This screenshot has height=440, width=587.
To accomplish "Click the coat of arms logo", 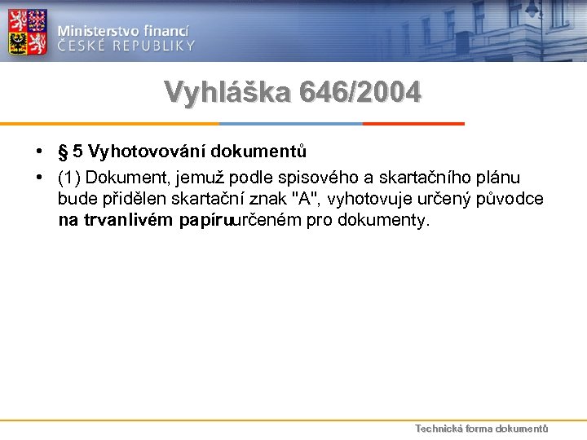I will (x=28, y=33).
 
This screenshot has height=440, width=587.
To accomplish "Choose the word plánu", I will (x=501, y=178).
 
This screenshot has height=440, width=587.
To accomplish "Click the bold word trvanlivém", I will (x=129, y=220).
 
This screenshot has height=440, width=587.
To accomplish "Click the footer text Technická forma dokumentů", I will (x=481, y=429).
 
